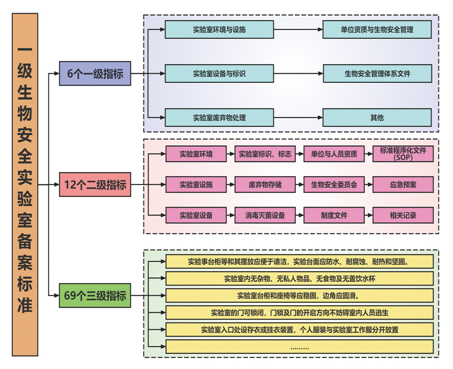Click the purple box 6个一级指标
click(x=95, y=73)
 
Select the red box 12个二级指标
click(x=95, y=184)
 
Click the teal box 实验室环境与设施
click(x=219, y=29)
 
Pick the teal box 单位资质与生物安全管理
click(x=377, y=29)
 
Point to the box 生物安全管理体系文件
click(x=377, y=73)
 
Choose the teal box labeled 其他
click(x=377, y=117)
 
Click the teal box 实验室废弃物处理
click(x=219, y=117)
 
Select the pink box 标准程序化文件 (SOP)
click(x=403, y=154)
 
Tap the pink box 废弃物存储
click(x=265, y=184)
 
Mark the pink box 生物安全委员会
click(x=334, y=184)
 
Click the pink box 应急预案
click(x=403, y=184)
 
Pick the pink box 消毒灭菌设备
click(x=265, y=215)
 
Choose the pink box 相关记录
click(x=403, y=215)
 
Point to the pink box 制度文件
click(x=334, y=215)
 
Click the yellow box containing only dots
click(x=299, y=346)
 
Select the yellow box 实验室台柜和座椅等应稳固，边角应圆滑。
click(x=299, y=295)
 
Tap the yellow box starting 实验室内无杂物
click(x=299, y=278)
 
